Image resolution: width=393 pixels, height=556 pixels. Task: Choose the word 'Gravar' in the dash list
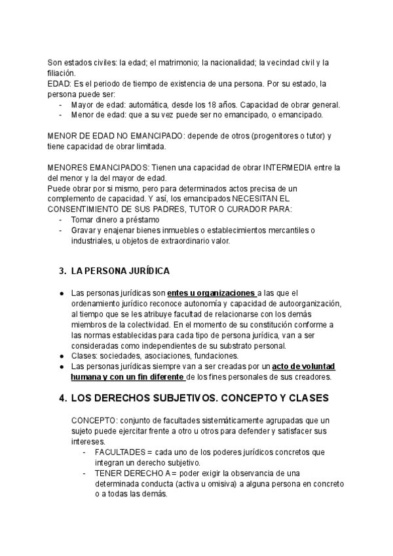pos(85,230)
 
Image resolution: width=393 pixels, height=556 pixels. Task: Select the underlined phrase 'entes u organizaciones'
pos(211,292)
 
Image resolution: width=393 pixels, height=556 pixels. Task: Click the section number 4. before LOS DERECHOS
pos(63,398)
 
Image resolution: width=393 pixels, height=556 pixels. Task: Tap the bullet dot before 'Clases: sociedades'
pos(61,355)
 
